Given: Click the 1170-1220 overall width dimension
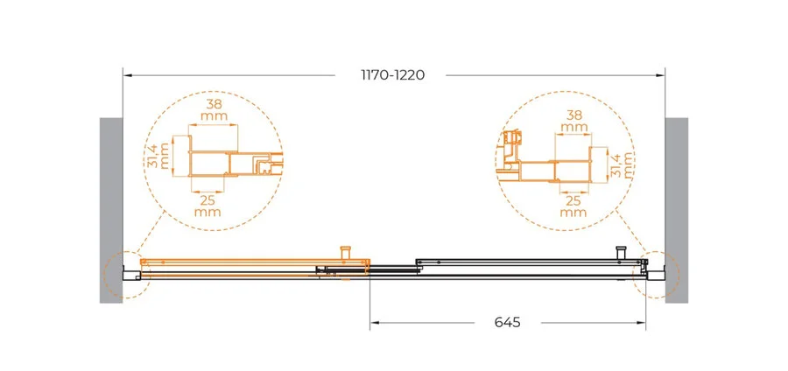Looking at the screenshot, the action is (x=393, y=75).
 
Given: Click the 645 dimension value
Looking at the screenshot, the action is (x=508, y=322).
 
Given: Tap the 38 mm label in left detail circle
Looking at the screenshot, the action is (x=215, y=110).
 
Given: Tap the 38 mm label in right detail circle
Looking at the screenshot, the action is (x=574, y=122).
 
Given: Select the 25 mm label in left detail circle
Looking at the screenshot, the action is (x=208, y=206).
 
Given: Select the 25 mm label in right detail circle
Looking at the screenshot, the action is (x=573, y=206).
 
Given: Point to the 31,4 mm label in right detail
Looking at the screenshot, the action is (x=622, y=165).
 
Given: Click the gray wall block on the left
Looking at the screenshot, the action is (x=111, y=210).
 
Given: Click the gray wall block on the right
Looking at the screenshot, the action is (x=677, y=210).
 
